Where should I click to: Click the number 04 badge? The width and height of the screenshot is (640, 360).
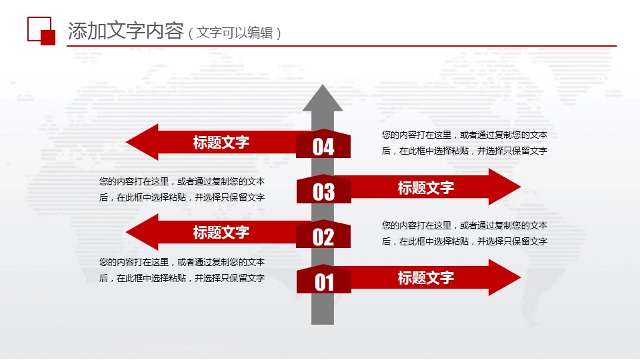pyautogui.click(x=323, y=144)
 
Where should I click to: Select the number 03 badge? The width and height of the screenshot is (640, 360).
pyautogui.click(x=323, y=189)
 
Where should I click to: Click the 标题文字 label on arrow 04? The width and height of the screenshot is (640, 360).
pyautogui.click(x=221, y=143)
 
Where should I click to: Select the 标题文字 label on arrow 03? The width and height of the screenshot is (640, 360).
pyautogui.click(x=426, y=188)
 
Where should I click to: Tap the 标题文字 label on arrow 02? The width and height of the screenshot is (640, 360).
pyautogui.click(x=221, y=233)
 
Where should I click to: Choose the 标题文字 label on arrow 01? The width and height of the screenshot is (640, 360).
pyautogui.click(x=426, y=278)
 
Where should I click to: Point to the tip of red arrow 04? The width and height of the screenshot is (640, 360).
pyautogui.click(x=127, y=142)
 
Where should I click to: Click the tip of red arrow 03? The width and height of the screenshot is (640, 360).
pyautogui.click(x=521, y=187)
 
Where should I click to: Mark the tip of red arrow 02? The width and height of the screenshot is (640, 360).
pyautogui.click(x=127, y=232)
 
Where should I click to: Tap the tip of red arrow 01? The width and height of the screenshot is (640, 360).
pyautogui.click(x=521, y=277)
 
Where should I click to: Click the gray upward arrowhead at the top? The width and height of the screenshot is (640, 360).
pyautogui.click(x=323, y=99)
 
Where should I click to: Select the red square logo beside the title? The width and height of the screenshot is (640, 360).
pyautogui.click(x=41, y=31)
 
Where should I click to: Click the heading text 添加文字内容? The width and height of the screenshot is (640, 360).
pyautogui.click(x=126, y=31)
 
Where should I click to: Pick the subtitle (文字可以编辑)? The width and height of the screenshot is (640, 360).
pyautogui.click(x=235, y=33)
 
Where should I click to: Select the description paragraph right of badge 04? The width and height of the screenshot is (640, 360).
pyautogui.click(x=465, y=143)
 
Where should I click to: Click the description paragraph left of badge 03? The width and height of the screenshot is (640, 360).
pyautogui.click(x=182, y=189)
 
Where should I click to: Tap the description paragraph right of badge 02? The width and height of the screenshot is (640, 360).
pyautogui.click(x=465, y=233)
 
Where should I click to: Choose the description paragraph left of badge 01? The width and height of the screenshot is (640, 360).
pyautogui.click(x=182, y=270)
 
